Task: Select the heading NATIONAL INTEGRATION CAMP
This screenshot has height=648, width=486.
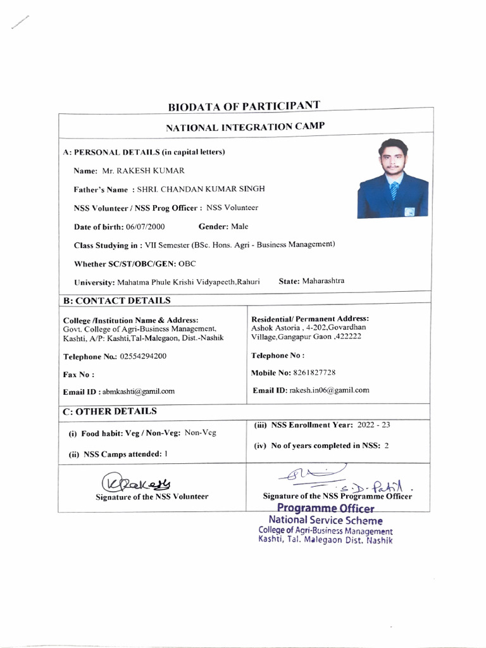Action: (x=246, y=127)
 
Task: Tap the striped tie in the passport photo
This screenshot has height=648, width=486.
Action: (x=394, y=190)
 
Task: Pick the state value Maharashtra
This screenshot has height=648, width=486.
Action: (x=323, y=281)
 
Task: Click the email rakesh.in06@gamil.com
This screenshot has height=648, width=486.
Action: (x=329, y=390)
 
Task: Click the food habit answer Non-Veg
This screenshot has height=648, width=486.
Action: (x=200, y=433)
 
